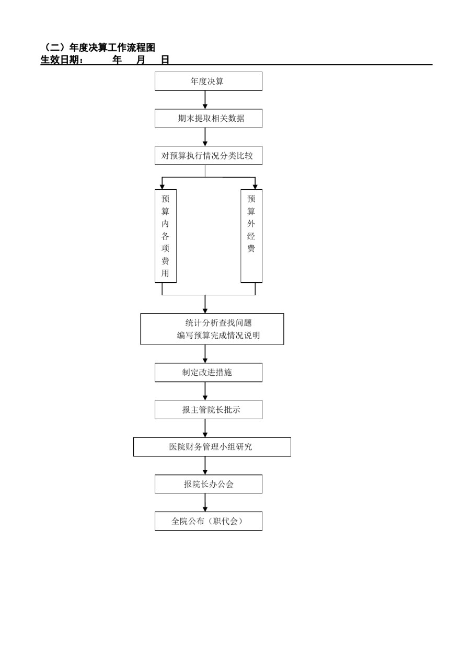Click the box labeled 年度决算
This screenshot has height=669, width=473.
pos(209,81)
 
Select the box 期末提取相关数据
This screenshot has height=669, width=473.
pos(209,118)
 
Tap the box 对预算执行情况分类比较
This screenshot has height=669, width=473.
pos(209,155)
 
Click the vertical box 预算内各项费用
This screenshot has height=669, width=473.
pos(166,236)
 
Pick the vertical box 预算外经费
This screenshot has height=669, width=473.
pos(251,236)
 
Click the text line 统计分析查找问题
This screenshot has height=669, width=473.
pos(218,323)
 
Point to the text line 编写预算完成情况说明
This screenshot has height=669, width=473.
pos(218,336)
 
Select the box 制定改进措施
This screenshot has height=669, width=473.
pos(209,373)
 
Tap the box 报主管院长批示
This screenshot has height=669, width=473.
pos(209,409)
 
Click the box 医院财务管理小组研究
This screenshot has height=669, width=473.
pos(212,447)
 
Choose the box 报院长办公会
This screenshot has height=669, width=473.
pos(209,484)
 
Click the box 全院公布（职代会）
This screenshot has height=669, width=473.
pos(209,521)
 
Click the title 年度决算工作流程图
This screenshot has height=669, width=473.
pos(112,48)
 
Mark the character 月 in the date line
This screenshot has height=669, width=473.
pos(141,60)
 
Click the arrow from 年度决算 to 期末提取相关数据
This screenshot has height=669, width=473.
pos(205,100)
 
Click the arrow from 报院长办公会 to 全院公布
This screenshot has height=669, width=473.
pos(205,503)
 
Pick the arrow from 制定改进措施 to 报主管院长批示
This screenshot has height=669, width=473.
pos(205,391)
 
